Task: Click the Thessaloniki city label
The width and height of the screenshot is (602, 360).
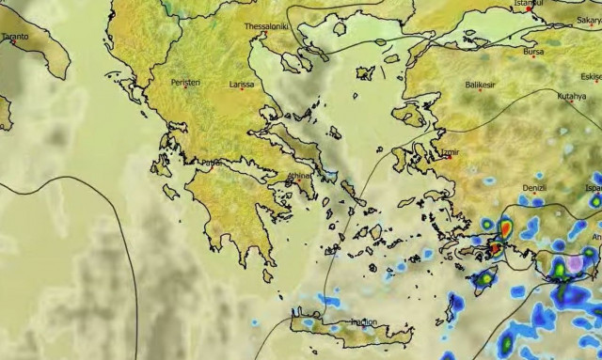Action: (266, 26)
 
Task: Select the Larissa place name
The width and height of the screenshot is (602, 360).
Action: (242, 85)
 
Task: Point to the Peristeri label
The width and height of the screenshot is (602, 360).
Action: (185, 83)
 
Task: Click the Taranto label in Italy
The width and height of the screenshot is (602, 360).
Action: (15, 37)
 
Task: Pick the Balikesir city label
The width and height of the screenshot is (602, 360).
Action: (480, 85)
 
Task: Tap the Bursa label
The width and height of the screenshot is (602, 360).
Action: (533, 52)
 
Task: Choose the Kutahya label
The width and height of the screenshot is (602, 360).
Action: (571, 96)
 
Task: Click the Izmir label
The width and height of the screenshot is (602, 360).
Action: (451, 149)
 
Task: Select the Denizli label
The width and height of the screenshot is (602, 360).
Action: (533, 187)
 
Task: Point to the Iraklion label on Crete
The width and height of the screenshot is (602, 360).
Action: (363, 322)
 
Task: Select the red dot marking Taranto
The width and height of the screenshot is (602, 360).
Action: (12, 42)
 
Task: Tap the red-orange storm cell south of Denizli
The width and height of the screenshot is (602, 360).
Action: (505, 227)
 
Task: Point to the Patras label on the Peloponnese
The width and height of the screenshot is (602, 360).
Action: (211, 163)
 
